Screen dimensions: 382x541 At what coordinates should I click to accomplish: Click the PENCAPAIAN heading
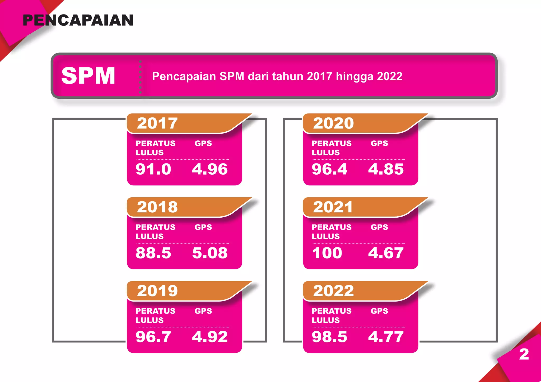pos(78,21)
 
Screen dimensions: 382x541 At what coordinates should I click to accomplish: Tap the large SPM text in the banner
pos(88,76)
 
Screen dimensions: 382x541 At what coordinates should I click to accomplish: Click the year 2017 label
pos(157,123)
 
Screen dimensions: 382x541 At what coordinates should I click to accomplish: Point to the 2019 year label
pos(157,291)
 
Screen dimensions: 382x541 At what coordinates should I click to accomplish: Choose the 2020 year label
pos(333,123)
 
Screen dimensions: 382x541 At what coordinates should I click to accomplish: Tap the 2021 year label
pos(333,207)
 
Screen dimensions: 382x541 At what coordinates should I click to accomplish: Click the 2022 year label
pos(333,291)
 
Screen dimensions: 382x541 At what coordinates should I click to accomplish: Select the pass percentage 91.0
pos(153,169)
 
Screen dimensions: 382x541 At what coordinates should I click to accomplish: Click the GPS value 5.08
pos(210,253)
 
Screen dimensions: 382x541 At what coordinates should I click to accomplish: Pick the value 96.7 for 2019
pos(153,337)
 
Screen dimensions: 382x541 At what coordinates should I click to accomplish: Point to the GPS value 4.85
pos(386,169)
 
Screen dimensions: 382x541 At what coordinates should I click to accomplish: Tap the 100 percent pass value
pos(327,253)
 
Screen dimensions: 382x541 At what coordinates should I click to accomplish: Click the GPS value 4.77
pos(386,337)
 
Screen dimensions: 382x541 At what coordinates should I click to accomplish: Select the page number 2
pos(524,354)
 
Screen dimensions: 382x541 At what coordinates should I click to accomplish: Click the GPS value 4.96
pos(210,169)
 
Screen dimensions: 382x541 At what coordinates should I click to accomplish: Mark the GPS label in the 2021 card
pos(379,227)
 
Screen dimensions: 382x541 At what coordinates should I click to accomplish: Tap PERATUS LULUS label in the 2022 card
pos(331,316)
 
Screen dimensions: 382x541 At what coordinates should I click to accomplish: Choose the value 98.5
pos(329,337)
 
